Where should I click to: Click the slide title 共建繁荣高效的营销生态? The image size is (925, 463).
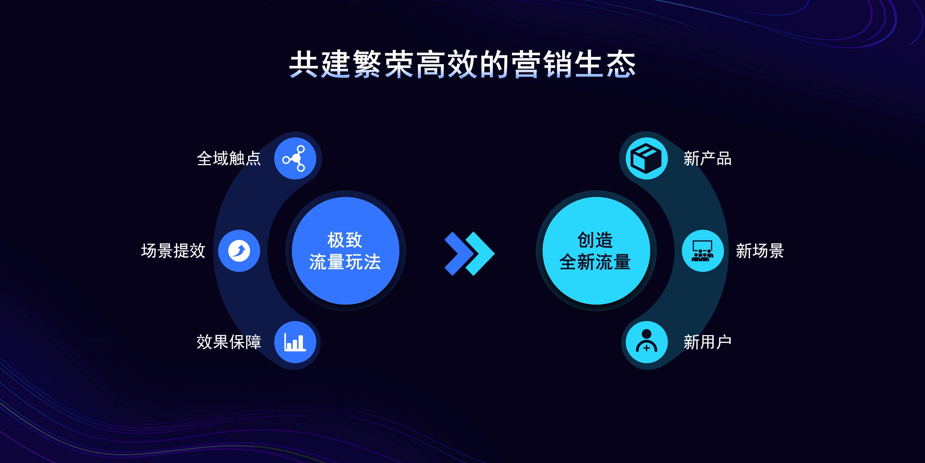pos(462,65)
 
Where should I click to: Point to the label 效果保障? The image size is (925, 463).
pos(229,342)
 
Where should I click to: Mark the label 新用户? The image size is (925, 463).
pos(707,342)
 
